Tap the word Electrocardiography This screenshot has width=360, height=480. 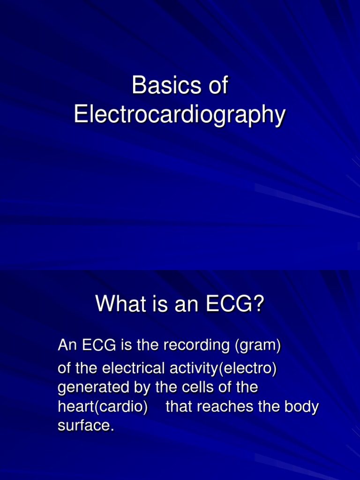180,115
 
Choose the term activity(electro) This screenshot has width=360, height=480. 223,368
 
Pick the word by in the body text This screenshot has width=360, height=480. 140,388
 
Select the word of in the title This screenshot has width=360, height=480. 217,86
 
